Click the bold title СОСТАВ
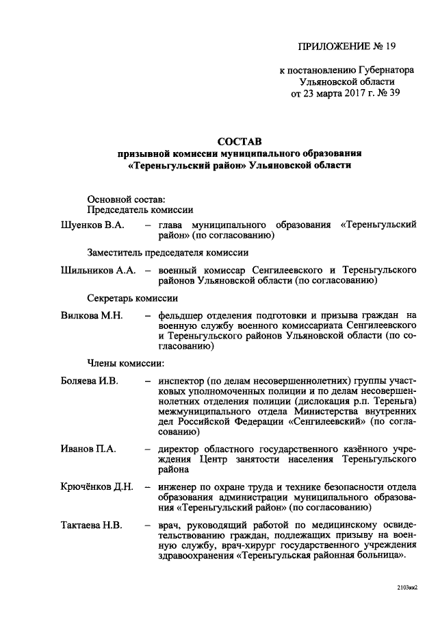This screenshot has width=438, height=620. (237, 141)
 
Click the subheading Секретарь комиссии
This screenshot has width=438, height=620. (133, 298)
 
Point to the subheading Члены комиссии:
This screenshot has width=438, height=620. (125, 363)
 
